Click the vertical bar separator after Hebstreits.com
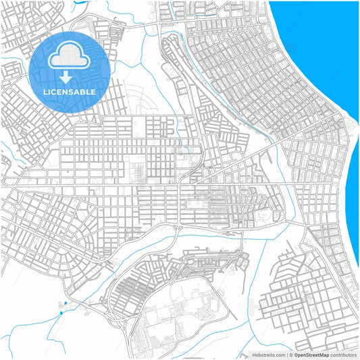[x=288, y=355]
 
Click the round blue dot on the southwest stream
[x=62, y=312]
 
